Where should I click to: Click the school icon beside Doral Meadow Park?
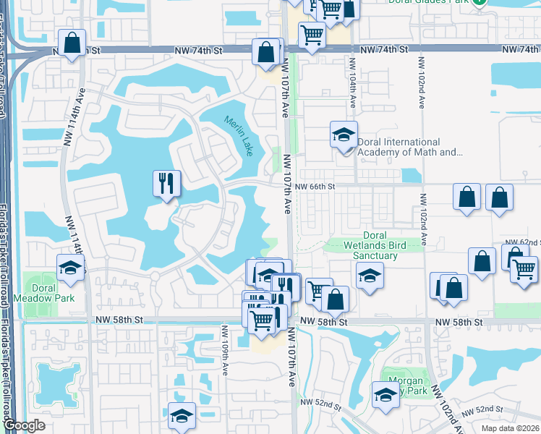71,267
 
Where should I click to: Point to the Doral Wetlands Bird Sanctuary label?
374,245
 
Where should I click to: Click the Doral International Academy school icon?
344,134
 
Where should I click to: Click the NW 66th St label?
318,187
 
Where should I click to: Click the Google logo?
24,426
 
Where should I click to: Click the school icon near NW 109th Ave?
182,415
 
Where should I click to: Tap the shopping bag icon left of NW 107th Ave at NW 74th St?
266,52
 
